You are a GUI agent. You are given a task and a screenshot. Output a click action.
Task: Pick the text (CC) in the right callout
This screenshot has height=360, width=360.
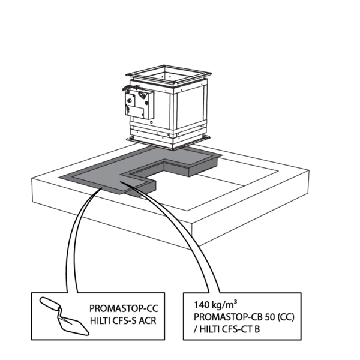point(288,314)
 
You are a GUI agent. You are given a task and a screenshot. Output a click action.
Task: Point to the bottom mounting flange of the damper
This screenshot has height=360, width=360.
point(169,140)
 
